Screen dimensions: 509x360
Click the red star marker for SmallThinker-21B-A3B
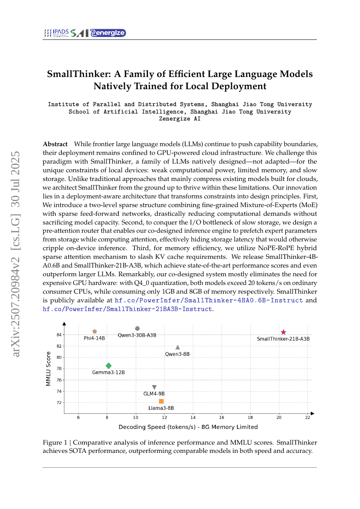[283, 332]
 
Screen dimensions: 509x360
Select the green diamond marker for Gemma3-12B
[108, 366]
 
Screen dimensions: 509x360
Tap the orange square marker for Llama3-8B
[161, 401]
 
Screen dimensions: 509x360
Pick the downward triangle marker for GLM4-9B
[154, 387]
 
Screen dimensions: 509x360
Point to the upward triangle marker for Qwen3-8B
[178, 347]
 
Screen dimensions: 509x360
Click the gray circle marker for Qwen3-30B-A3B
[137, 328]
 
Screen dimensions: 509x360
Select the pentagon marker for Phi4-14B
[94, 332]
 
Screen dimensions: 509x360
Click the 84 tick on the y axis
[59, 335]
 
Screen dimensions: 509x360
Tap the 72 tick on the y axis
[59, 402]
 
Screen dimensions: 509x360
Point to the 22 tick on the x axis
[308, 418]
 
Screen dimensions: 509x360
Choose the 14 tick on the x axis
[193, 418]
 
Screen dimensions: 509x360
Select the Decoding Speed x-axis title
[188, 427]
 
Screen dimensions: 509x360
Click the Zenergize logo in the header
[108, 33]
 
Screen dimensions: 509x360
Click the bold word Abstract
[55, 144]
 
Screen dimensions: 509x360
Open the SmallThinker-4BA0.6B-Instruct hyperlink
[209, 300]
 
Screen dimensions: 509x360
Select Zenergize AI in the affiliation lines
[180, 118]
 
